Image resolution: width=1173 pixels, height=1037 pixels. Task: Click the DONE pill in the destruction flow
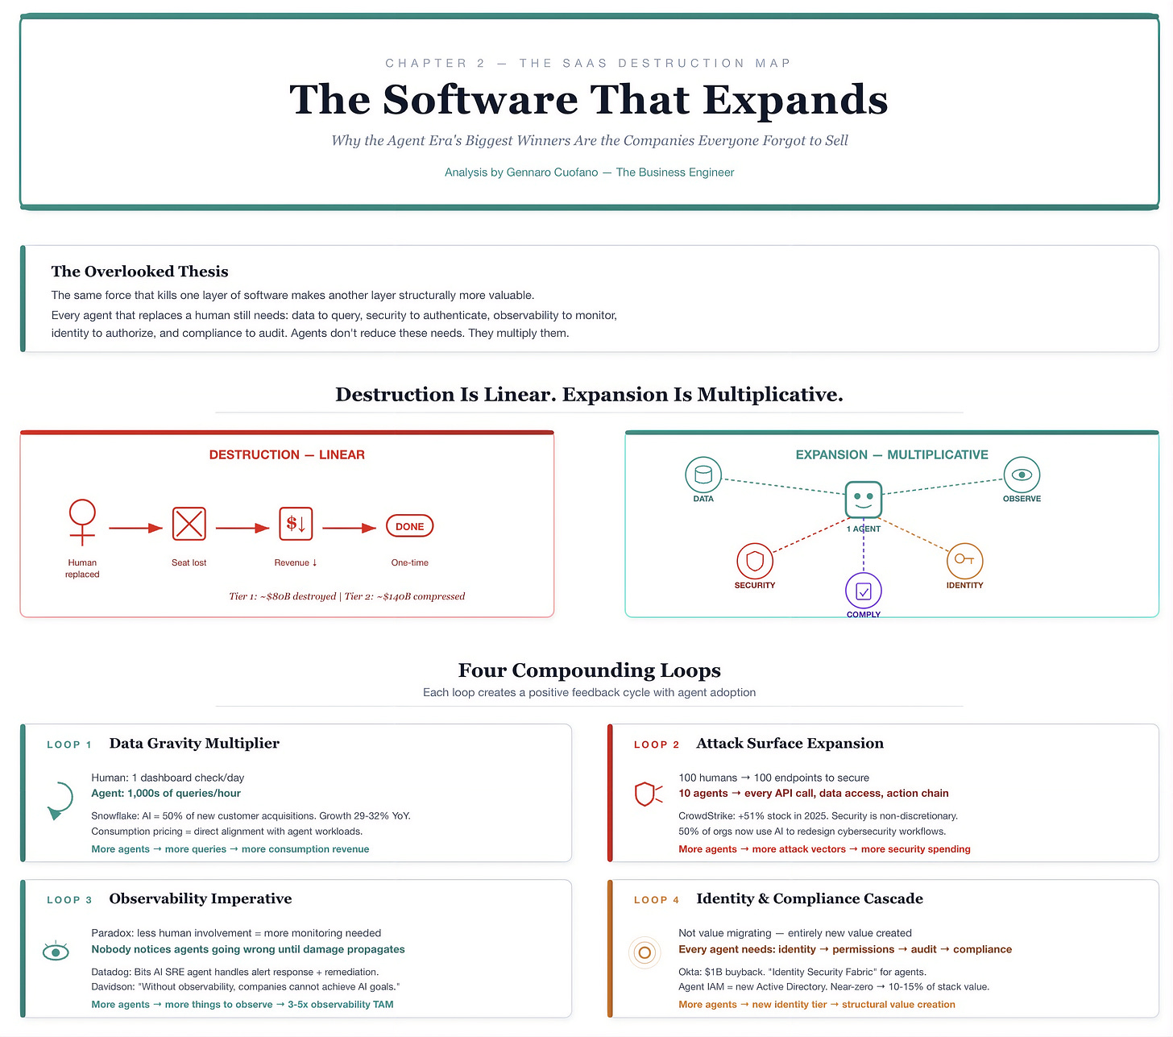click(x=409, y=526)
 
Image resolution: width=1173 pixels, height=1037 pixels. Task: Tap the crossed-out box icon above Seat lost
click(x=189, y=524)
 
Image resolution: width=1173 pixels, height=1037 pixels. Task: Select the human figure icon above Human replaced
click(x=82, y=521)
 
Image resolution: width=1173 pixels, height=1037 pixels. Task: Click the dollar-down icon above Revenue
click(x=296, y=524)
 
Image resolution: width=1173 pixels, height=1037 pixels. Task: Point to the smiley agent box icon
click(x=864, y=499)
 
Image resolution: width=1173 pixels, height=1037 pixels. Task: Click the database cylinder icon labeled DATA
click(x=703, y=474)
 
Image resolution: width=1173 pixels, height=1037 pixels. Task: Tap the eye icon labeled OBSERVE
click(x=1022, y=475)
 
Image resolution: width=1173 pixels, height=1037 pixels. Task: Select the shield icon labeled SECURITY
click(x=755, y=561)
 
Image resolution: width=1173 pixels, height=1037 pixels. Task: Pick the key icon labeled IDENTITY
click(x=964, y=560)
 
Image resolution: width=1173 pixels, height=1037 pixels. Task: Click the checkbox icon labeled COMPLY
click(x=864, y=591)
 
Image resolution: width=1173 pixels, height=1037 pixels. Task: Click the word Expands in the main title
click(x=795, y=100)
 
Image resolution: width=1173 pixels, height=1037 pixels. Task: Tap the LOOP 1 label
click(x=69, y=745)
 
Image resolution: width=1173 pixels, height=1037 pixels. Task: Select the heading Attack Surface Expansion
click(x=790, y=744)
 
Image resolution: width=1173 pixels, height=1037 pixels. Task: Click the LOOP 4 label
click(x=657, y=900)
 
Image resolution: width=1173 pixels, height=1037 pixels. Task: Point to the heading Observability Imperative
click(x=201, y=899)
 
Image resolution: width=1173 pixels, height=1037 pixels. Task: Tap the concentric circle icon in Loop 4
click(x=645, y=952)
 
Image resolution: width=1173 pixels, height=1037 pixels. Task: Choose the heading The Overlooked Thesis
click(x=140, y=272)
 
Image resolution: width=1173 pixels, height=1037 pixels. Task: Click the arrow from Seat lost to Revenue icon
click(x=242, y=528)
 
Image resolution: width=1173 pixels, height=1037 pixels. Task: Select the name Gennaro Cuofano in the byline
click(x=552, y=172)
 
